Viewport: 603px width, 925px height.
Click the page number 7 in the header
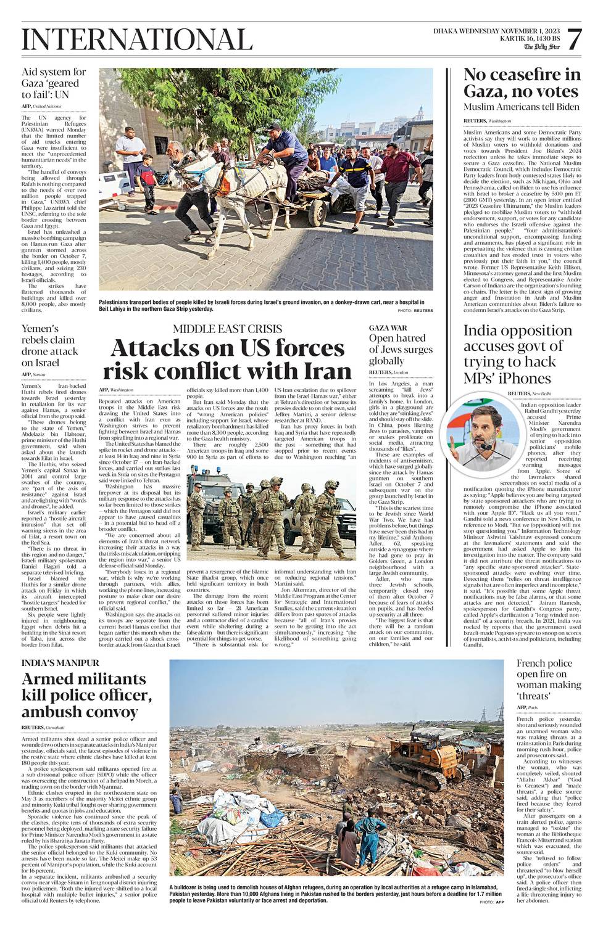pyautogui.click(x=573, y=41)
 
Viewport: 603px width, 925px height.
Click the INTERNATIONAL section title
pyautogui.click(x=137, y=40)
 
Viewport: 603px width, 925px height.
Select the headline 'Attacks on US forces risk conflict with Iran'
pyautogui.click(x=227, y=360)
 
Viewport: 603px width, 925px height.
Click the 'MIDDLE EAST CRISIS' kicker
pyautogui.click(x=227, y=329)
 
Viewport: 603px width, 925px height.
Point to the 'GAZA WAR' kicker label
pyautogui.click(x=388, y=328)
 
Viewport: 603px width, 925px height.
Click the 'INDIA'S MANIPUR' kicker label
pyautogui.click(x=60, y=663)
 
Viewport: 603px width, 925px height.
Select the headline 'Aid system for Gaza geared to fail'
pyautogui.click(x=54, y=83)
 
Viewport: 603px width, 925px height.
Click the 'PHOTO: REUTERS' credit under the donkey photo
pyautogui.click(x=415, y=311)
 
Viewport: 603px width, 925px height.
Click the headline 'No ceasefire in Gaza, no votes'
pyautogui.click(x=522, y=83)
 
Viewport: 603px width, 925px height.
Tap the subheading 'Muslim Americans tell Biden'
pyautogui.click(x=522, y=107)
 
